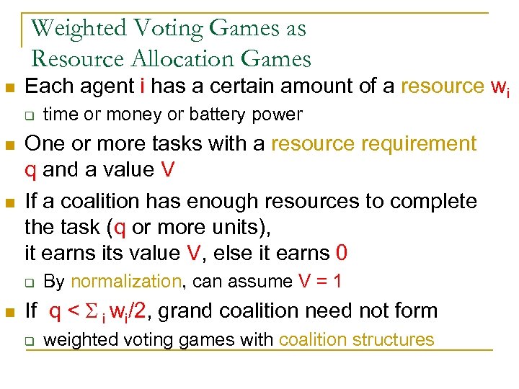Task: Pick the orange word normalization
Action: (x=127, y=282)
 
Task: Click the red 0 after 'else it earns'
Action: (x=342, y=253)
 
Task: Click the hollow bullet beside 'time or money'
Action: (x=29, y=115)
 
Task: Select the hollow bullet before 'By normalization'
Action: (x=29, y=282)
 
